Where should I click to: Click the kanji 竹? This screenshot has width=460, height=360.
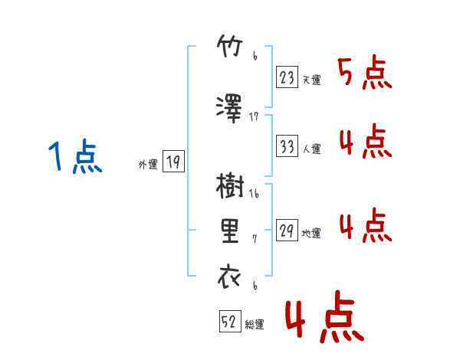click(230, 46)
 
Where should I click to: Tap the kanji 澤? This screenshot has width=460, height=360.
click(229, 109)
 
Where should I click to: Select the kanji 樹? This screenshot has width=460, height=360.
click(230, 186)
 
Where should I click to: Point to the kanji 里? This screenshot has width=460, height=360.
click(230, 231)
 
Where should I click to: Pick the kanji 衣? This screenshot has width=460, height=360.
click(229, 277)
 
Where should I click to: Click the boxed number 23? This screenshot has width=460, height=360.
click(287, 77)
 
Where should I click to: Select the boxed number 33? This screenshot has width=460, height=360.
click(287, 146)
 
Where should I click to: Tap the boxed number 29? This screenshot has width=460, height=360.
click(287, 230)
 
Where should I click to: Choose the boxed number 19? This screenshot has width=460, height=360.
click(173, 161)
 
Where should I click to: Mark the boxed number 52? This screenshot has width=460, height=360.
click(230, 321)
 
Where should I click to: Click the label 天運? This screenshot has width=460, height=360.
click(311, 80)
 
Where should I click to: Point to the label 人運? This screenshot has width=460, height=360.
click(311, 149)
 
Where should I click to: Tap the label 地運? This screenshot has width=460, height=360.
click(311, 233)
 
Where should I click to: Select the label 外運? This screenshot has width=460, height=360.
click(148, 165)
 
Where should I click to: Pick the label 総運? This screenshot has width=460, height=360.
click(255, 324)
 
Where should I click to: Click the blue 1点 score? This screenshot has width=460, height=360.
click(75, 156)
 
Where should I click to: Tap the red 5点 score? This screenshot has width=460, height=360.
click(365, 74)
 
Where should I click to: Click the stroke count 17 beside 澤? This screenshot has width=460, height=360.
click(254, 117)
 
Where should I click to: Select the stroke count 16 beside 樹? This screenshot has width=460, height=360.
click(254, 194)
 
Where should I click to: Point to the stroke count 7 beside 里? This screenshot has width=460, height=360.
click(255, 239)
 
